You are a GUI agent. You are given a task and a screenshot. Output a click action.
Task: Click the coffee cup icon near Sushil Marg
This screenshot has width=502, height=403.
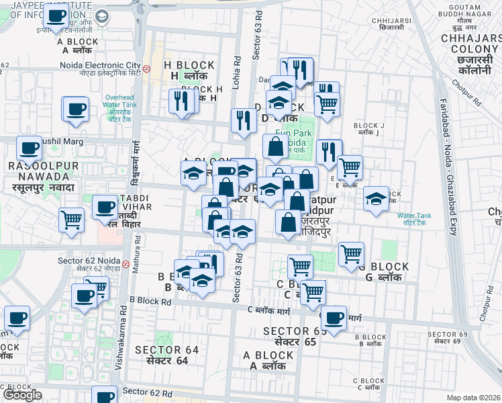tap(29, 148)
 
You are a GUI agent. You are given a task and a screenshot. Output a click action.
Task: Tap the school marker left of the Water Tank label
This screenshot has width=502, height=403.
tap(376, 198)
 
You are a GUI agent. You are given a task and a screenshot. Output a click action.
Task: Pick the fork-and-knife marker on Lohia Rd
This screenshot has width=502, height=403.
tap(244, 120)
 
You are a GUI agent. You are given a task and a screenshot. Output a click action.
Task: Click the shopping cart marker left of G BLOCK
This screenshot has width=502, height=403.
tap(351, 254)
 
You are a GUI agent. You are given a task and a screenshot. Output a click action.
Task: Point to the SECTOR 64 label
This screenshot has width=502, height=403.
tap(167, 350)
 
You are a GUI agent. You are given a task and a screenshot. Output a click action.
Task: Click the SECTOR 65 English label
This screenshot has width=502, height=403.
tap(295, 331)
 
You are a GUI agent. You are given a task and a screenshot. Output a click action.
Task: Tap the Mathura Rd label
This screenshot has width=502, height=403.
tap(136, 257)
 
